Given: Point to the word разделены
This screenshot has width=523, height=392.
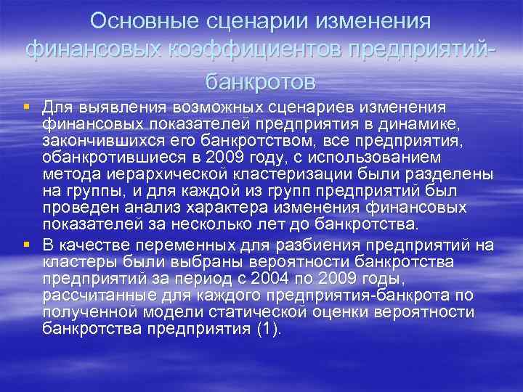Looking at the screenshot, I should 455,176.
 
